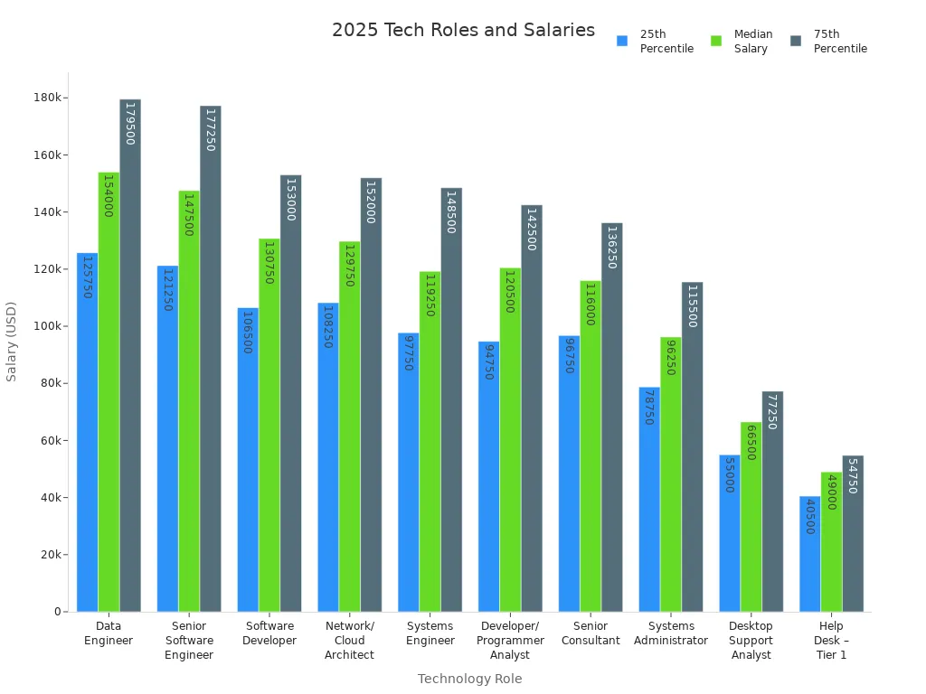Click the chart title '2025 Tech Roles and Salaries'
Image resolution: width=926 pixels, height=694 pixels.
(x=463, y=30)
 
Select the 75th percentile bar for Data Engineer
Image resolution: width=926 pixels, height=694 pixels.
(x=130, y=361)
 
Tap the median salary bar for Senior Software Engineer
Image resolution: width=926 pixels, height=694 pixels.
(x=189, y=407)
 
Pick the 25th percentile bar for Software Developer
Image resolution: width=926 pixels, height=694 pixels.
(x=248, y=461)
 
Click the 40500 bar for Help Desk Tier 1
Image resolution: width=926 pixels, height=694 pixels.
(x=809, y=556)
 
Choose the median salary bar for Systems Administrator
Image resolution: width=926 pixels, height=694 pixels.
(x=670, y=479)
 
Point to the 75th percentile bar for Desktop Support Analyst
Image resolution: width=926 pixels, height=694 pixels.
(x=772, y=506)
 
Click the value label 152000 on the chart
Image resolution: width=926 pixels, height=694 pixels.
(x=371, y=201)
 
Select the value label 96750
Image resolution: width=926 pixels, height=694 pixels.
(x=570, y=355)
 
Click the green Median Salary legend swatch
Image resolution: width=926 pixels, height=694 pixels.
(x=716, y=41)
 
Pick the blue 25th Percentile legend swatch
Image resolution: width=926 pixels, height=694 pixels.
(x=622, y=41)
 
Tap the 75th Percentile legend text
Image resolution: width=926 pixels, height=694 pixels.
(x=840, y=42)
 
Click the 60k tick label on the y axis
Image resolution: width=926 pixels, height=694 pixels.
(x=50, y=441)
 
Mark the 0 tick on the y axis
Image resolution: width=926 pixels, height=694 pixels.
(x=57, y=612)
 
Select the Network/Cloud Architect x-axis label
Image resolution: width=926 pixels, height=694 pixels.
(x=349, y=641)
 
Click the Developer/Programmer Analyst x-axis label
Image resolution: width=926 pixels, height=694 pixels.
(x=510, y=641)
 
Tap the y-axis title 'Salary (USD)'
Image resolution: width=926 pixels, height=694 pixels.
(x=12, y=341)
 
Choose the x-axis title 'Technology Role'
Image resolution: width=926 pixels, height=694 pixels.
(x=469, y=679)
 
